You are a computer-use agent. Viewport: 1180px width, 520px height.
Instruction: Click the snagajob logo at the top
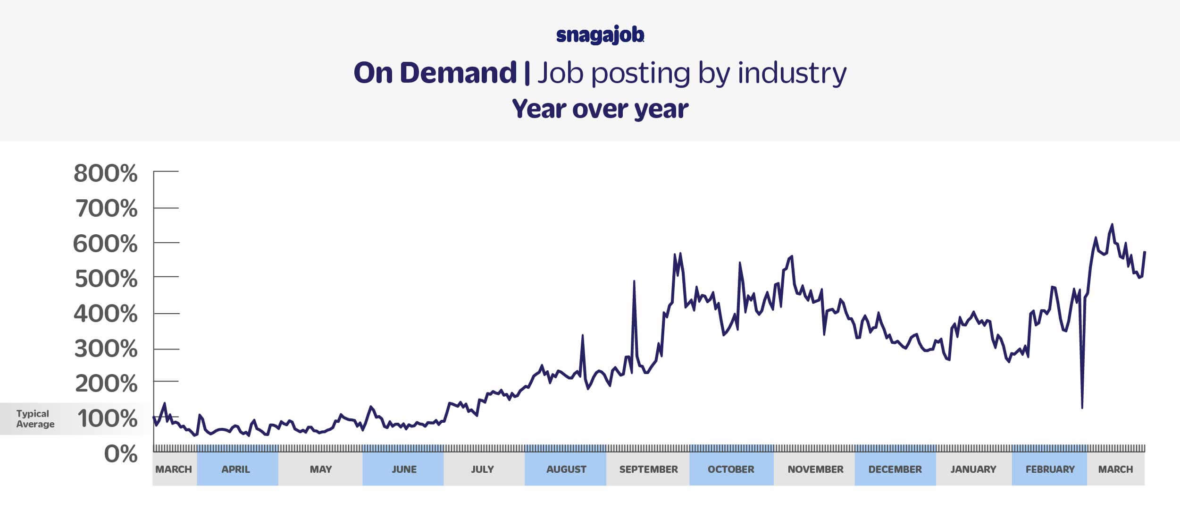[600, 36]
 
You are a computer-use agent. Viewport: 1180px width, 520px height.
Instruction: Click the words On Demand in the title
[435, 73]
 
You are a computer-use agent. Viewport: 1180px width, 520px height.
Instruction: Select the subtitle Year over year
[600, 109]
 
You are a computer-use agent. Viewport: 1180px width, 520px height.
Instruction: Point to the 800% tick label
[106, 173]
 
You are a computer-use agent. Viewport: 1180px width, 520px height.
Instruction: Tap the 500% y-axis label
[106, 279]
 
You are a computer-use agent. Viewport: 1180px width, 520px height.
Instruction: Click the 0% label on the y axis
[121, 454]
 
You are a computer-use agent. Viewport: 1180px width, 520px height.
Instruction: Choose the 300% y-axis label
[106, 349]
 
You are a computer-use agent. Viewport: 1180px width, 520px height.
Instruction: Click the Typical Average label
[35, 419]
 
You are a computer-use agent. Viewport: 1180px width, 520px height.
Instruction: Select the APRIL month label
[236, 469]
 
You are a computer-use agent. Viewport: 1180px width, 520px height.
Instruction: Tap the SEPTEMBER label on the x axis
[648, 469]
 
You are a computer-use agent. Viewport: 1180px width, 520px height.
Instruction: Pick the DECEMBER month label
[895, 469]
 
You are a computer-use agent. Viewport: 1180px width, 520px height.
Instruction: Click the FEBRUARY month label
[1050, 469]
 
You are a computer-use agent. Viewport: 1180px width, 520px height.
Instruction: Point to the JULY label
[482, 469]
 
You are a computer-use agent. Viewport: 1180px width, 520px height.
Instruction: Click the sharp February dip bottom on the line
[1082, 408]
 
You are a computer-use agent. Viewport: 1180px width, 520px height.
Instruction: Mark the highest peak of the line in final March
[1112, 224]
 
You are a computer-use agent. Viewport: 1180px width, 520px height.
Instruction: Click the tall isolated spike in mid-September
[634, 281]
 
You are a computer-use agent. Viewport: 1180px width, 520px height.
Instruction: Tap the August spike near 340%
[583, 336]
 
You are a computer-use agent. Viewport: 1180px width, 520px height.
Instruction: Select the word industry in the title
[792, 73]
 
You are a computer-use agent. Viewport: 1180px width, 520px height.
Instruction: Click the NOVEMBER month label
[815, 469]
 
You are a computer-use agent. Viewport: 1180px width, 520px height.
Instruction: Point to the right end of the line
[1145, 252]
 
